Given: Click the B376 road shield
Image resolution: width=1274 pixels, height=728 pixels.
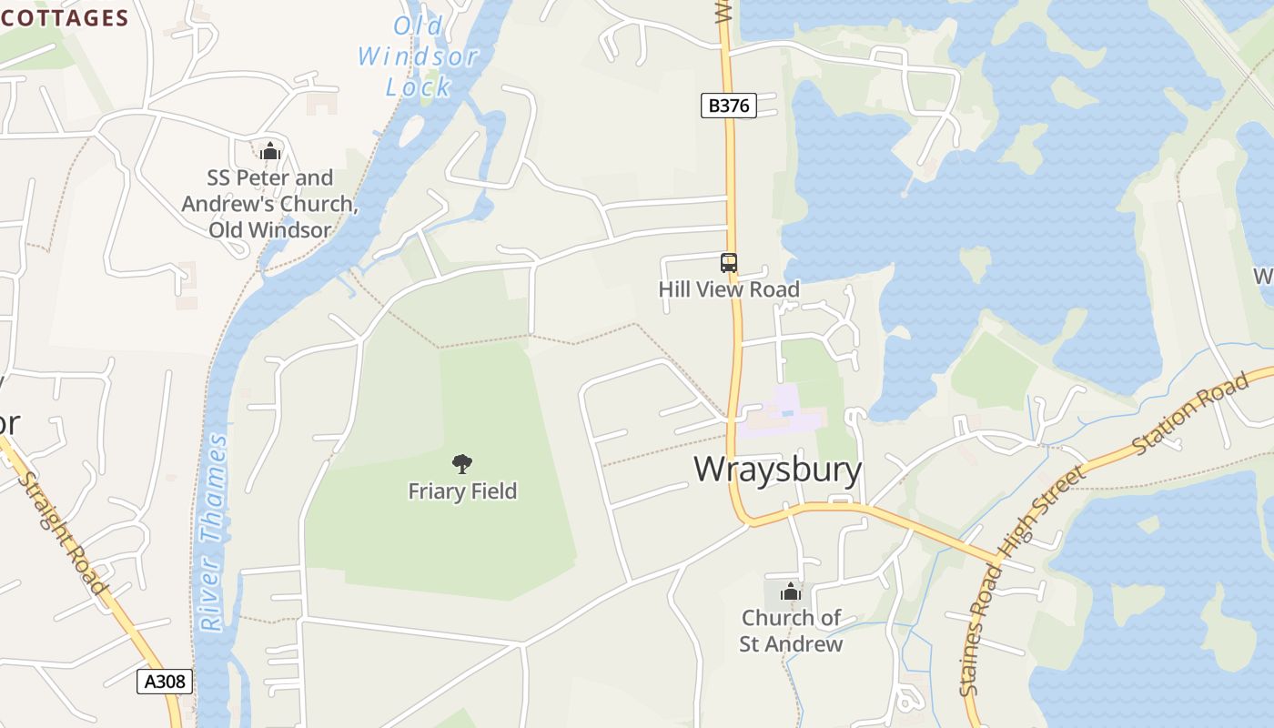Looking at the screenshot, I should point(729,106).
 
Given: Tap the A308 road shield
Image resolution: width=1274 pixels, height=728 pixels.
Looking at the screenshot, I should point(165,681).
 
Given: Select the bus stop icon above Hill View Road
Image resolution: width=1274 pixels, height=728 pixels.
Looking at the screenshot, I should point(729,263).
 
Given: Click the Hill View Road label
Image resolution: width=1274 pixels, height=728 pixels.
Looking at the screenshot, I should point(729,289).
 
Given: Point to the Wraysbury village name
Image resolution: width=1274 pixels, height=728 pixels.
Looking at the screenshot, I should point(778,469).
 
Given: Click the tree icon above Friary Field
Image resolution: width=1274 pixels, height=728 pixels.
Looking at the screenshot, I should point(462,464).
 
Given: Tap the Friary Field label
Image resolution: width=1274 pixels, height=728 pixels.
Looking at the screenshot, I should point(462,491).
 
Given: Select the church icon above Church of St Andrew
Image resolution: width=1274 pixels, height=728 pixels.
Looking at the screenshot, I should point(791,592).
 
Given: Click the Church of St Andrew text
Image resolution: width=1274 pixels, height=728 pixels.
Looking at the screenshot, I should point(791,631).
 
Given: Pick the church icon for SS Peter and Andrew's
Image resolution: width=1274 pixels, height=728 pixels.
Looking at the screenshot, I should point(269,151).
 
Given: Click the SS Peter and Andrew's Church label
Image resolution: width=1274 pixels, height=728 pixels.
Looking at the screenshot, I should point(269,204).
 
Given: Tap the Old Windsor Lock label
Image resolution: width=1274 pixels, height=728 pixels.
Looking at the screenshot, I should point(419,56).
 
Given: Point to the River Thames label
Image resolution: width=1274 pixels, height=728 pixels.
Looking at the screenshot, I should point(215,533).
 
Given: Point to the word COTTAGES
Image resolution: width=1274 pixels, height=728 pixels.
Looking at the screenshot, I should point(66,18).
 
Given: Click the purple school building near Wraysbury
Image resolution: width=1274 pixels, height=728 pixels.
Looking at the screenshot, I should point(781,414).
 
